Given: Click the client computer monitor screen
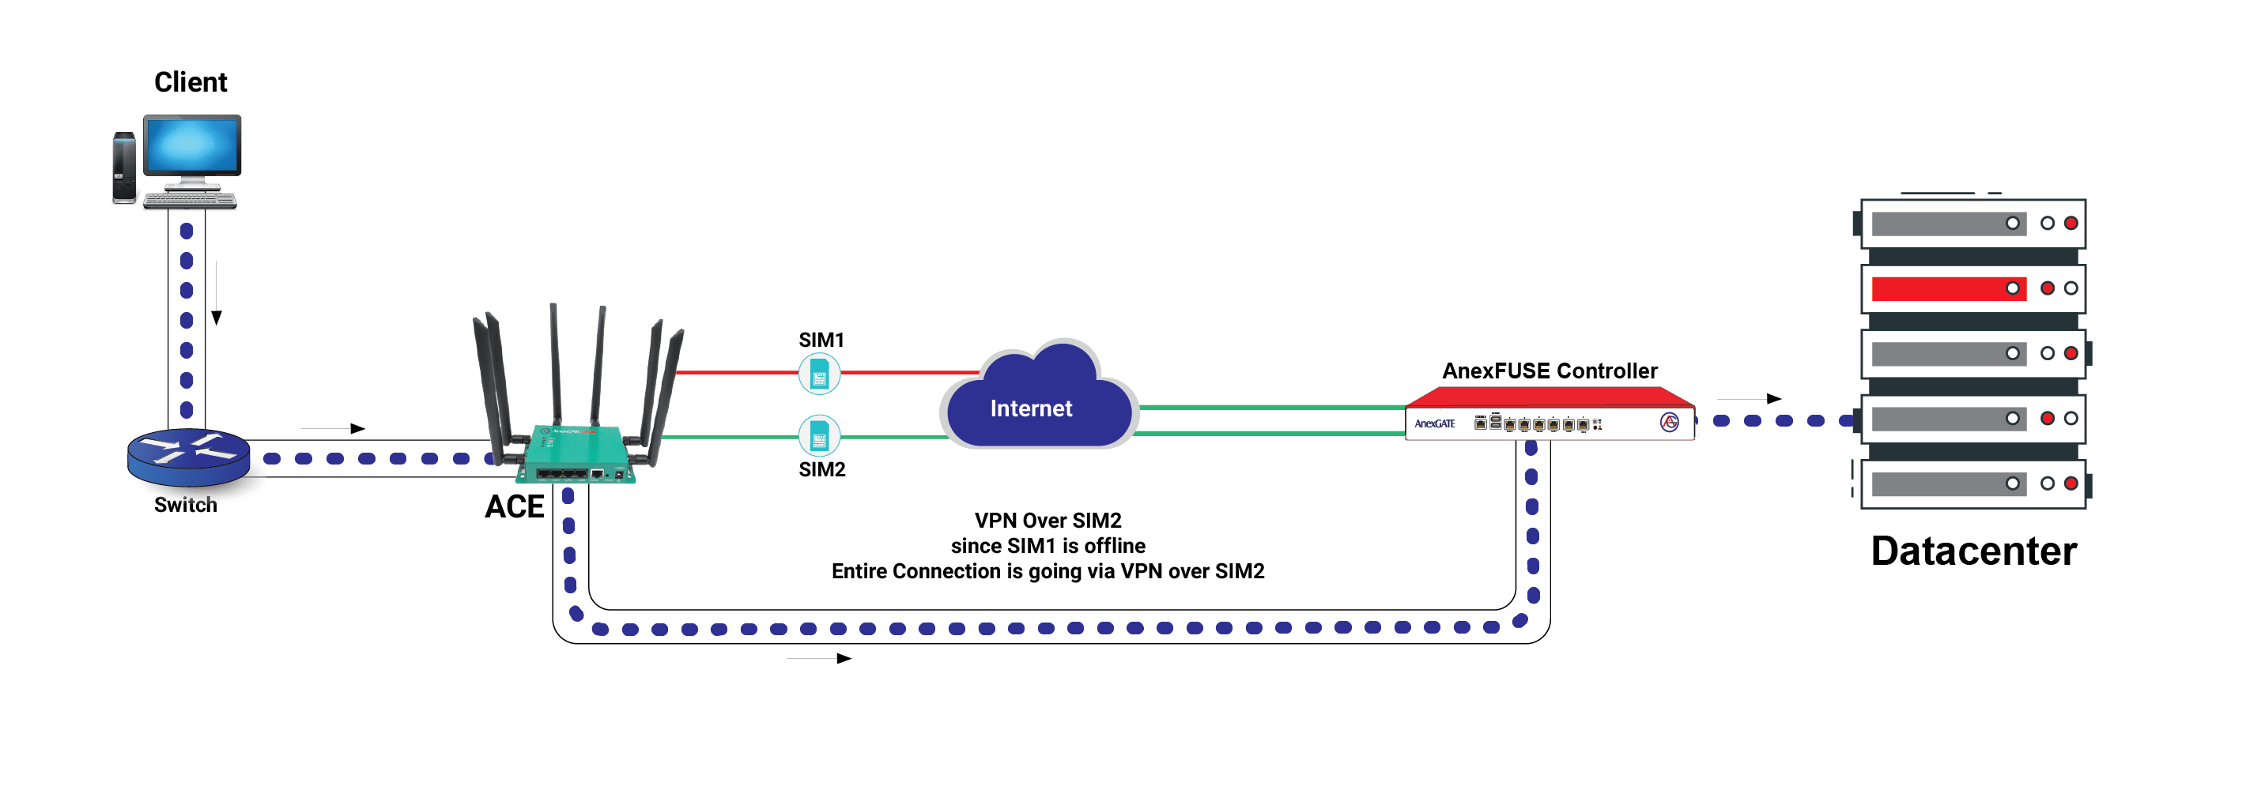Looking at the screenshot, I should [x=191, y=146].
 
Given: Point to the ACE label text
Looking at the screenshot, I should [x=515, y=507].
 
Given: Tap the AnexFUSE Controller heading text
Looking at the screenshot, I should [x=1550, y=371].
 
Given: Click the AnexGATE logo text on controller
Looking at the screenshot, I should [x=1434, y=423].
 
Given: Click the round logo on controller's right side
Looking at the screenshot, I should [x=1669, y=423].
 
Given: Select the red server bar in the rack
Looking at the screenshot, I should [x=1947, y=288].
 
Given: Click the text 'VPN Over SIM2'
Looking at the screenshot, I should [x=1048, y=521].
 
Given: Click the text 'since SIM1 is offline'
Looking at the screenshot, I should [x=1048, y=546].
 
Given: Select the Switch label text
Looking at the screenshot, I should [x=185, y=506].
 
